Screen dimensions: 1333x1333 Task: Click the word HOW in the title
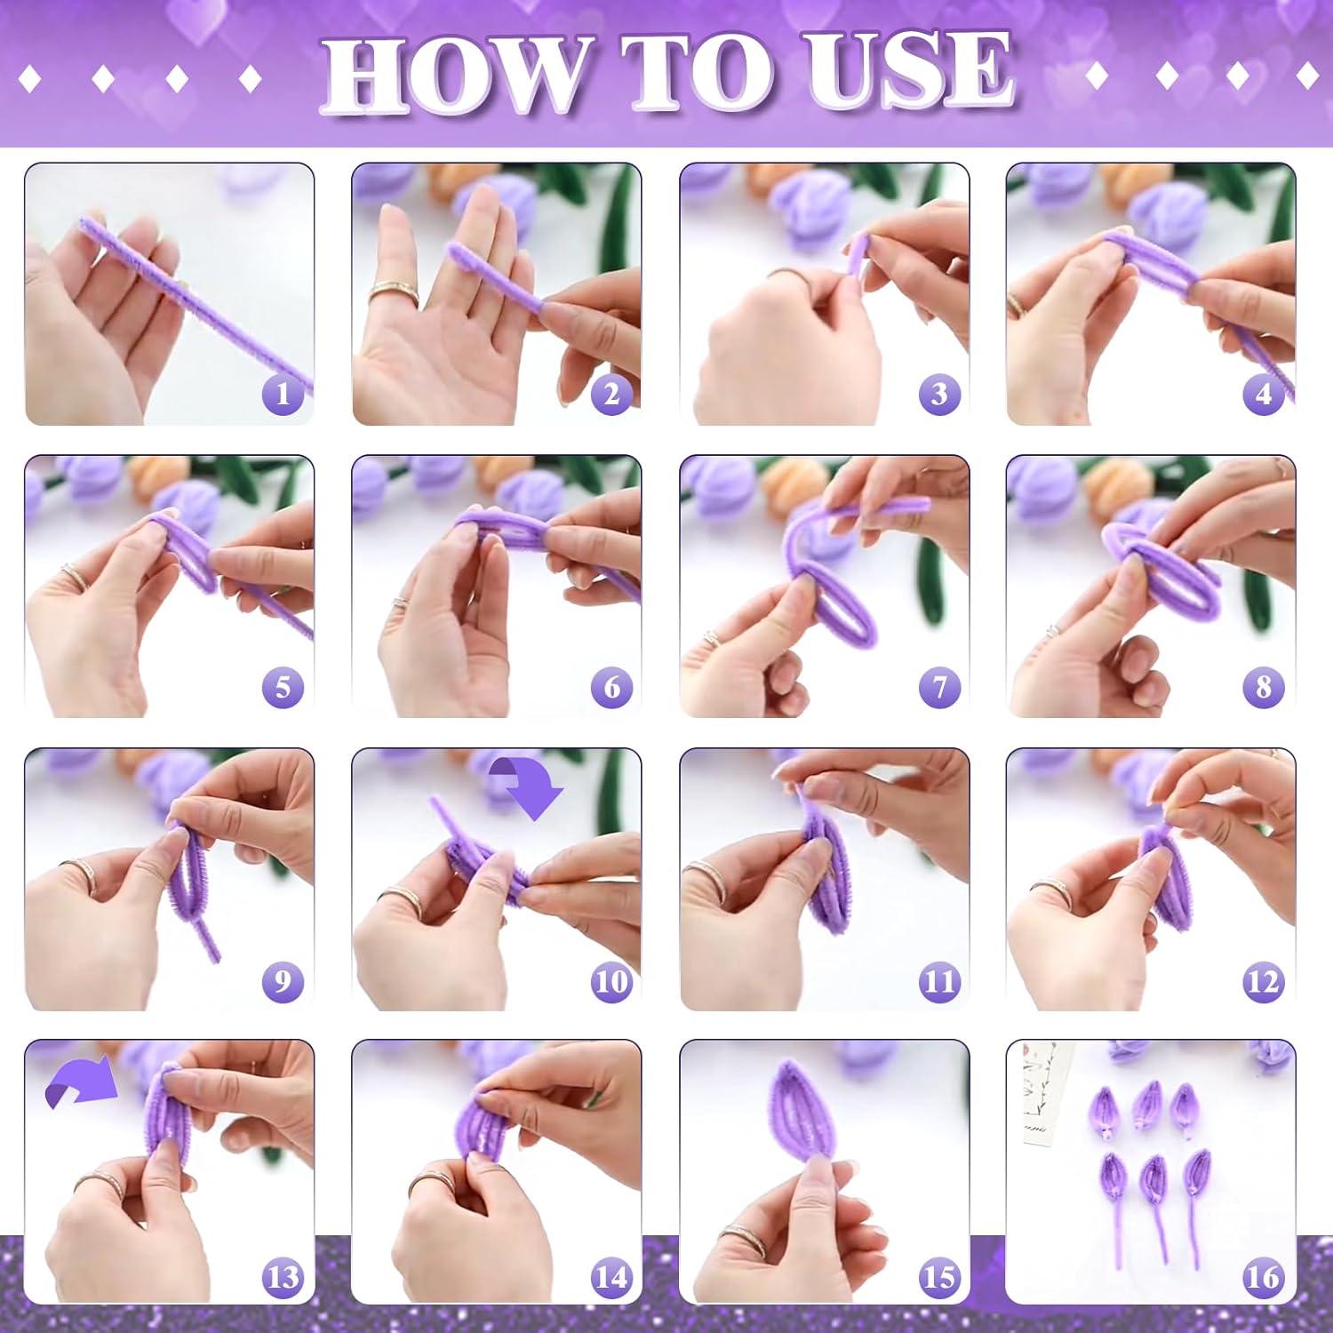pyautogui.click(x=456, y=73)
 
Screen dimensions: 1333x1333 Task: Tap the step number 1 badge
pyautogui.click(x=283, y=394)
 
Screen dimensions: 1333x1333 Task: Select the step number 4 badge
pyautogui.click(x=1265, y=394)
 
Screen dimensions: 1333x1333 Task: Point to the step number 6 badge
pyautogui.click(x=612, y=687)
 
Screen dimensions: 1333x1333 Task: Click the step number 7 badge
pyautogui.click(x=939, y=687)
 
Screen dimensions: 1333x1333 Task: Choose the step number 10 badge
pyautogui.click(x=612, y=982)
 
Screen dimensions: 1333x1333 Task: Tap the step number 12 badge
pyautogui.click(x=1265, y=982)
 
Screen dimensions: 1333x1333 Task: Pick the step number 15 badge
pyautogui.click(x=939, y=1277)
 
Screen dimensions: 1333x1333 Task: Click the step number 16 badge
pyautogui.click(x=1265, y=1277)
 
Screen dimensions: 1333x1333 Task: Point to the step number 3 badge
pyautogui.click(x=939, y=394)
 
